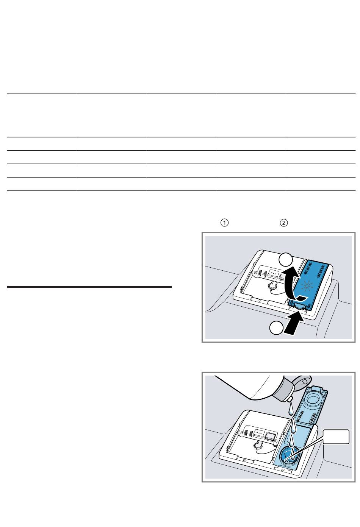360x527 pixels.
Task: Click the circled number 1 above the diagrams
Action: pos(224,223)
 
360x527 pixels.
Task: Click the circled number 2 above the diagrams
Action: pos(284,223)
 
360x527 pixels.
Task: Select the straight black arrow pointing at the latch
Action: pos(294,323)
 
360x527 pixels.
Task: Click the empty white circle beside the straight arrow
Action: pos(276,328)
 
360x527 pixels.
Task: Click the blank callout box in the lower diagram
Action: pos(336,437)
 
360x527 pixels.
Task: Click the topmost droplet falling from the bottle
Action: pos(291,410)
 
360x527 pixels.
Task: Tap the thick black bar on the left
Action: pos(89,287)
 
